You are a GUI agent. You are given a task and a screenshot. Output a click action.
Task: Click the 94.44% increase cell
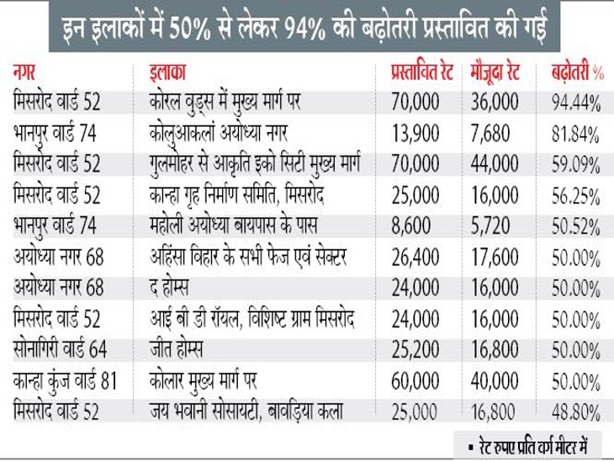tap(574, 103)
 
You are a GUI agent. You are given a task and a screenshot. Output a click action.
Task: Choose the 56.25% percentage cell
tap(574, 195)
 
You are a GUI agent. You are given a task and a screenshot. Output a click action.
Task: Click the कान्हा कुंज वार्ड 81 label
tap(66, 380)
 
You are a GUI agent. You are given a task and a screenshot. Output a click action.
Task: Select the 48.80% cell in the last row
tap(574, 411)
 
